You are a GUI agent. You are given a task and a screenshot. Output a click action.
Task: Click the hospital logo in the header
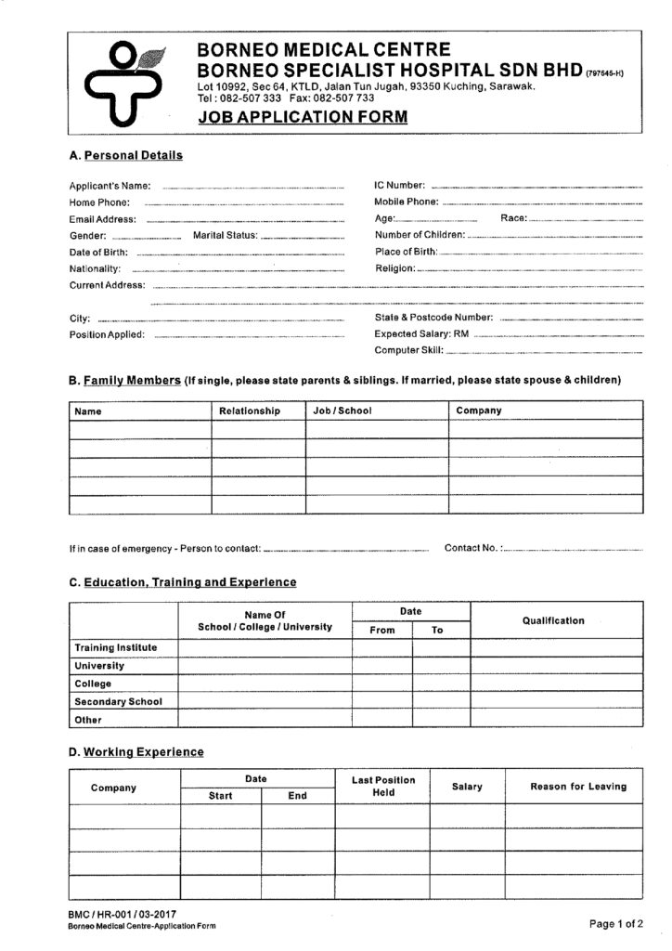tap(123, 83)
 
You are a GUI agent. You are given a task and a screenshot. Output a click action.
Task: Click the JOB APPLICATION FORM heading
tap(302, 117)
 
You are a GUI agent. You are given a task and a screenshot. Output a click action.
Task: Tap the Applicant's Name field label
tap(110, 186)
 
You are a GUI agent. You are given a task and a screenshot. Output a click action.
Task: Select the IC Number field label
tap(399, 186)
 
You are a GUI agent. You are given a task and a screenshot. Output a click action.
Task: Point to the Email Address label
tap(102, 219)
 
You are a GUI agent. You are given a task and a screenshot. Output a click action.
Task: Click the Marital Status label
tap(224, 236)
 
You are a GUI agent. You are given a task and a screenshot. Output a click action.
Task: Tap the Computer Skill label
tap(408, 350)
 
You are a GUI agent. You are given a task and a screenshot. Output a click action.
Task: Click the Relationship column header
tap(249, 410)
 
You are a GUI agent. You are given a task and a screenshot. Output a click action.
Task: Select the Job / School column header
tap(342, 410)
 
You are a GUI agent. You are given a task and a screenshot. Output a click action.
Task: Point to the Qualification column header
tap(553, 620)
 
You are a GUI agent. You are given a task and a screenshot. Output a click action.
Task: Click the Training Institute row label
tap(115, 647)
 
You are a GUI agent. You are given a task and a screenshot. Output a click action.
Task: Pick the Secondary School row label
tap(118, 701)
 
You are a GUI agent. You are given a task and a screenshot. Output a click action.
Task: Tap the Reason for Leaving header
tap(578, 787)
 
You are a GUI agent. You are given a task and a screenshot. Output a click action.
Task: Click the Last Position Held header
tap(383, 786)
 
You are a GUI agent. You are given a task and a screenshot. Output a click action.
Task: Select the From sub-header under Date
tap(382, 630)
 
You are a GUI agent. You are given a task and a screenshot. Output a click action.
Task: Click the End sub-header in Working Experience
tap(297, 796)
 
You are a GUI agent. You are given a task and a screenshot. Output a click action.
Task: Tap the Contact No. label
tap(473, 548)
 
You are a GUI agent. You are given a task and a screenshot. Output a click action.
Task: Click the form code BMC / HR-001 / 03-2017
tap(123, 916)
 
